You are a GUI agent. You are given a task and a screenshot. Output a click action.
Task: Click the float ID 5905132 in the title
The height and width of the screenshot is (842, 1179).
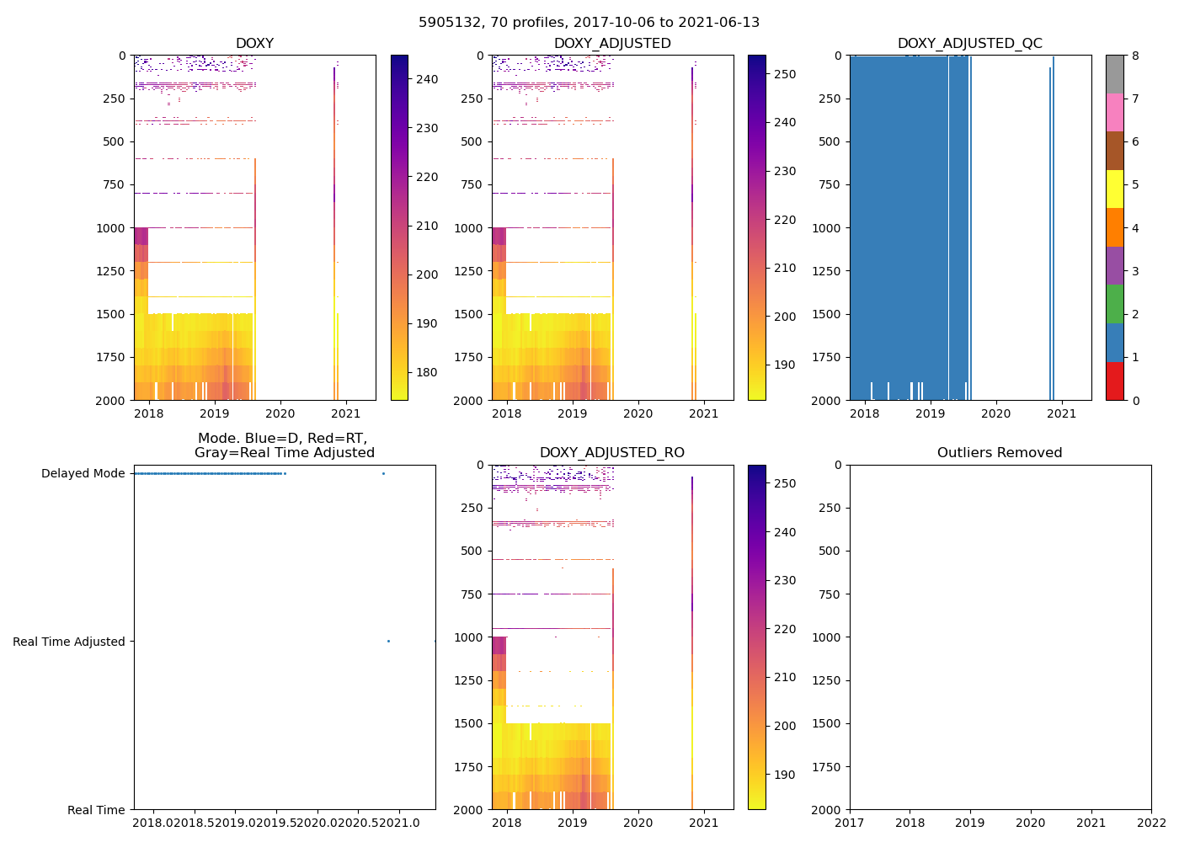pyautogui.click(x=446, y=23)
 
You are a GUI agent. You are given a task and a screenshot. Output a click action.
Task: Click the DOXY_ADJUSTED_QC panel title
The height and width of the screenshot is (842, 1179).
pyautogui.click(x=969, y=44)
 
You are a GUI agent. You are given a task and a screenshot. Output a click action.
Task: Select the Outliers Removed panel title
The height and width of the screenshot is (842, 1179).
pyautogui.click(x=1000, y=453)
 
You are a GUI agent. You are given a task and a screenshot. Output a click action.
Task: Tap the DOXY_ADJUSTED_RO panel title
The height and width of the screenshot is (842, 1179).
pyautogui.click(x=612, y=453)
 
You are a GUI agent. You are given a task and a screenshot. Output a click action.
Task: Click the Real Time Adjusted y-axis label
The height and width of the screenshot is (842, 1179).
pyautogui.click(x=69, y=642)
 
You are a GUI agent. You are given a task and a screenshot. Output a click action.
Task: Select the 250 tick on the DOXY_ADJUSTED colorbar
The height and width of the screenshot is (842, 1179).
pyautogui.click(x=784, y=74)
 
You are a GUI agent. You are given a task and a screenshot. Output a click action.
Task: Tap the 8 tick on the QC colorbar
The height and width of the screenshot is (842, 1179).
pyautogui.click(x=1135, y=56)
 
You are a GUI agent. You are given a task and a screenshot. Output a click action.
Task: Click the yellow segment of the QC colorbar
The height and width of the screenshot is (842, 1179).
pyautogui.click(x=1114, y=189)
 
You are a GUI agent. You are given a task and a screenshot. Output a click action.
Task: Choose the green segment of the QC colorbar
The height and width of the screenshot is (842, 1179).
pyautogui.click(x=1114, y=304)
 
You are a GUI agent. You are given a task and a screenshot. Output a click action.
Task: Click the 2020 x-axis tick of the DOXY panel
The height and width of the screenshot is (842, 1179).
pyautogui.click(x=280, y=413)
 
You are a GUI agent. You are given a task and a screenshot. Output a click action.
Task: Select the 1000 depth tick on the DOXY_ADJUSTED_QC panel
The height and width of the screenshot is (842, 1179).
pyautogui.click(x=828, y=228)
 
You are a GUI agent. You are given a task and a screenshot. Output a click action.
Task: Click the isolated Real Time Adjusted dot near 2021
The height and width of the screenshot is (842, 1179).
pyautogui.click(x=388, y=642)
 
